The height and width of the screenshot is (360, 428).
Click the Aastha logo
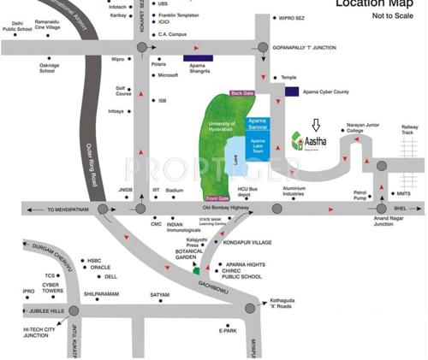pos(310,140)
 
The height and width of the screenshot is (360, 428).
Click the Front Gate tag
pos(217,198)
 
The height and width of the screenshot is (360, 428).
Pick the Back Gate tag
pos(243,93)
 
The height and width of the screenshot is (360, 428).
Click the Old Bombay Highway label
pos(225,207)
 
